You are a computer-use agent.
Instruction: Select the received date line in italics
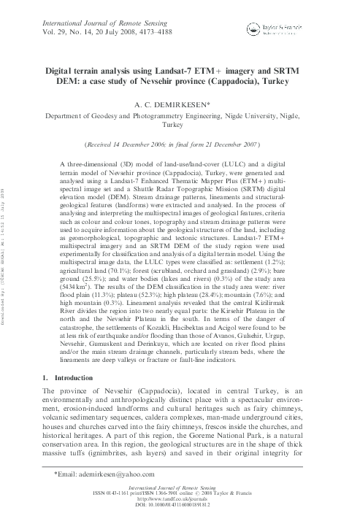tap(180, 145)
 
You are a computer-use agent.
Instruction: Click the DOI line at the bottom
tap(180, 504)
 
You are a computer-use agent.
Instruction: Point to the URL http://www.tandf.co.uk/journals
tap(180, 498)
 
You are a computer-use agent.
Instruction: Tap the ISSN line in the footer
tap(180, 493)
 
